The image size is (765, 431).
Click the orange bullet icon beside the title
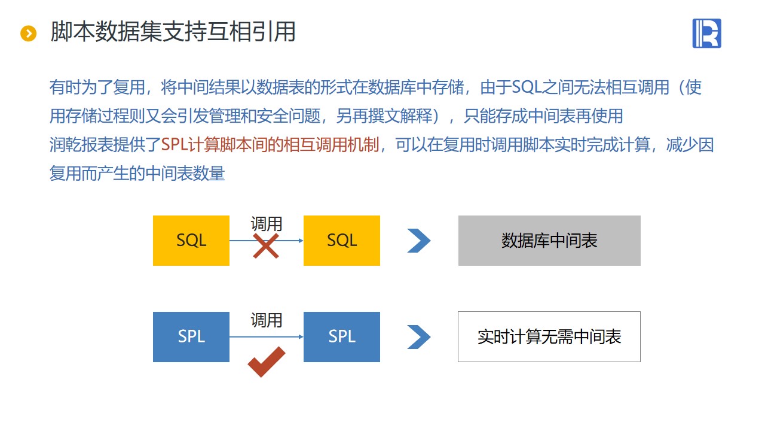coord(28,34)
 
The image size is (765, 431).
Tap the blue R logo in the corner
coord(706,33)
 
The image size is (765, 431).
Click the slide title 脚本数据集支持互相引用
coord(173,32)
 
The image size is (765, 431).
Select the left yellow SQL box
coord(191,241)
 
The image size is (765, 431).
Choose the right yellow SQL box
coord(341,241)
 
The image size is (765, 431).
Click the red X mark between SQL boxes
coord(266,246)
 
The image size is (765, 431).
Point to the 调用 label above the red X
coord(267,224)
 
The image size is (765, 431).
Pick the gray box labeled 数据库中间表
coord(549,241)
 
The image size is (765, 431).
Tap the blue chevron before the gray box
coord(419,241)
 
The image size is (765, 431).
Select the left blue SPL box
coord(191,337)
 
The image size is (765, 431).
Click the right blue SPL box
coord(341,337)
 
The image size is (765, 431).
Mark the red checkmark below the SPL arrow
coord(267,362)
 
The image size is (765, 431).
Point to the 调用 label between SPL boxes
coord(267,320)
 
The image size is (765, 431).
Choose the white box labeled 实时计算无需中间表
coord(549,337)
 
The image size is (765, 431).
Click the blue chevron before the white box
coord(419,337)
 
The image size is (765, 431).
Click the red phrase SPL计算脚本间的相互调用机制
coord(270,145)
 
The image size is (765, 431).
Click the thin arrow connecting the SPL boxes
coord(267,337)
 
